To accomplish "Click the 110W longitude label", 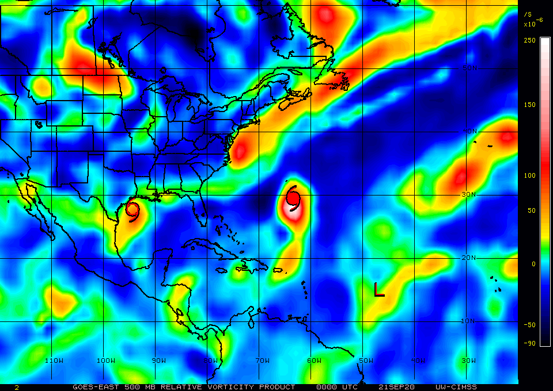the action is [x=54, y=361].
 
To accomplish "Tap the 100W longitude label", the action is [x=105, y=361].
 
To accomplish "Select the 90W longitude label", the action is [x=158, y=361].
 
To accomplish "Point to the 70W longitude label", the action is [x=263, y=361].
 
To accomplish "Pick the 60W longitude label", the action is [x=314, y=361].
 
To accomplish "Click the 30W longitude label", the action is [x=469, y=361].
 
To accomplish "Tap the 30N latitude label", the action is [x=469, y=194].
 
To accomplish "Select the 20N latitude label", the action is [x=469, y=258].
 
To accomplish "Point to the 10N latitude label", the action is [x=469, y=321].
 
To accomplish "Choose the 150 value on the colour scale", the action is [x=529, y=105].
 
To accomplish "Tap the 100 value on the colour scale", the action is [x=529, y=175].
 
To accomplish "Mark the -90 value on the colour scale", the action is [x=529, y=343].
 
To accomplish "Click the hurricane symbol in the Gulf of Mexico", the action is [x=132, y=210].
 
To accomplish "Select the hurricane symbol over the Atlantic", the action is [x=293, y=198].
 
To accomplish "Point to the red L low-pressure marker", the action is [x=378, y=290].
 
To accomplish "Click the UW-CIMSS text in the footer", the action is [x=456, y=387].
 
